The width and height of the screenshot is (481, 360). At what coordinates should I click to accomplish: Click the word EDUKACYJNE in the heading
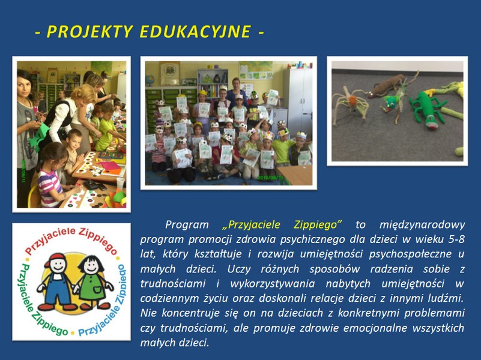(195, 31)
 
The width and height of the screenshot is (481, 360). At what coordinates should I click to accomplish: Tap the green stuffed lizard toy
(427, 109)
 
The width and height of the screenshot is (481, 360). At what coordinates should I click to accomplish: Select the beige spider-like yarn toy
(351, 104)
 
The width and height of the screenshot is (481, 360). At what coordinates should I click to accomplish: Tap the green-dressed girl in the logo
(92, 282)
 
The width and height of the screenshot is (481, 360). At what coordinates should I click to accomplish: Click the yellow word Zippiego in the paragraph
(318, 224)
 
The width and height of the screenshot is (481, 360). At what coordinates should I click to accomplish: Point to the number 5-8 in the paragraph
(456, 239)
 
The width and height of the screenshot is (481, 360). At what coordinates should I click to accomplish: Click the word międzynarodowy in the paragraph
(422, 225)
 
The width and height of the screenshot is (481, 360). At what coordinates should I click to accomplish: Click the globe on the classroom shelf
(150, 80)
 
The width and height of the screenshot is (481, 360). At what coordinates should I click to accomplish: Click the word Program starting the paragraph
(187, 225)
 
